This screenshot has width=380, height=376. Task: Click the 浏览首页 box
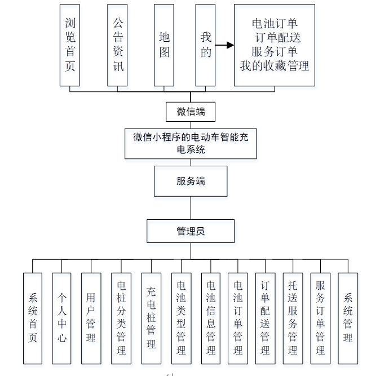(70, 45)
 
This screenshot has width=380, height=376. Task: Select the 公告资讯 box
(118, 45)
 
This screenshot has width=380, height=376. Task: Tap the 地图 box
(164, 45)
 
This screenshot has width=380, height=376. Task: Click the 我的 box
(206, 45)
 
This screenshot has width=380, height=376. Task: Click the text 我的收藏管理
(275, 66)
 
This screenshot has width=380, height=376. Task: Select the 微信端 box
(191, 111)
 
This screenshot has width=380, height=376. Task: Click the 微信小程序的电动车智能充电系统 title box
(191, 143)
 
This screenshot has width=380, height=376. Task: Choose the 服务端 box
(191, 181)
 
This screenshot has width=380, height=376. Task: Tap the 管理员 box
(191, 231)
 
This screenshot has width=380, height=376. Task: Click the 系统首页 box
(33, 318)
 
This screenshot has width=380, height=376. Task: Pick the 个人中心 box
(61, 318)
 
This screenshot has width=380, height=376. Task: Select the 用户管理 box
(91, 318)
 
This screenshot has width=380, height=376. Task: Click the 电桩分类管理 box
(121, 318)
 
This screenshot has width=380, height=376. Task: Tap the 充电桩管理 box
(151, 318)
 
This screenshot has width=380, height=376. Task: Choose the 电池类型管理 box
(181, 318)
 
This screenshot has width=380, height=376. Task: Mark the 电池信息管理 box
(211, 318)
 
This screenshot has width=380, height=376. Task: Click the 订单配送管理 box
(265, 318)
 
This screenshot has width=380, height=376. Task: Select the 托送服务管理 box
(293, 318)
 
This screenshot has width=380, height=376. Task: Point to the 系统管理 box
(348, 318)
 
